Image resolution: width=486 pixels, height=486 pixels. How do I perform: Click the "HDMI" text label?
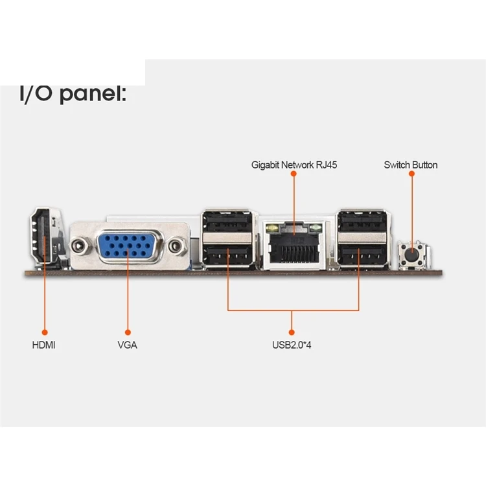pos(44,345)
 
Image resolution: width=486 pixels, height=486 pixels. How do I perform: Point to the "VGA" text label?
pos(128,345)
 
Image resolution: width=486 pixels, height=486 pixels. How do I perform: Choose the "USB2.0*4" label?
pos(292,345)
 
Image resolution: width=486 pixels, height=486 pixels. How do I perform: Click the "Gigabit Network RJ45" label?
pos(294,165)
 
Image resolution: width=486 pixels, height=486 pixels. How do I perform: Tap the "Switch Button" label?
pos(411,165)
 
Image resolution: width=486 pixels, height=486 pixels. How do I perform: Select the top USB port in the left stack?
pos(227,222)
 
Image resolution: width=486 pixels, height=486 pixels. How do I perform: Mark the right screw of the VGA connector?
pos(176,246)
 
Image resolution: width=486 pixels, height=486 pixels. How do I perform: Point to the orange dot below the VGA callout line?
pos(128,331)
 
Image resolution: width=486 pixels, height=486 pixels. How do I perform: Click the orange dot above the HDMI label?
pos(45,331)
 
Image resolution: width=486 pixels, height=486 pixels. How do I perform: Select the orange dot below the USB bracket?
pos(292,331)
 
